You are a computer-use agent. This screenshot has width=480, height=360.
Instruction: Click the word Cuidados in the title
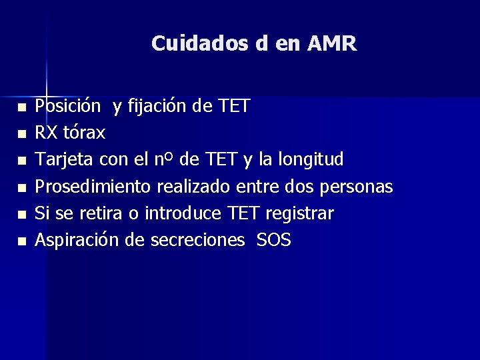click(x=200, y=44)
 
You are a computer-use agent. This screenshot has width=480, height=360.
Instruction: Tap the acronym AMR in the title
click(x=332, y=44)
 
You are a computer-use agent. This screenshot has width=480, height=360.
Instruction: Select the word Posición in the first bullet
click(x=68, y=107)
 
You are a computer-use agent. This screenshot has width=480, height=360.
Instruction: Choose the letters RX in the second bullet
click(x=46, y=133)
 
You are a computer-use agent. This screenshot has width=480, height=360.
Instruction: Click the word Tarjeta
click(x=65, y=160)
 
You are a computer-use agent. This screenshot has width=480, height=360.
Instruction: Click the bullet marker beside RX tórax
click(x=21, y=134)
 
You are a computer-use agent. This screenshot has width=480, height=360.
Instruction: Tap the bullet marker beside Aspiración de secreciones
click(x=21, y=241)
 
